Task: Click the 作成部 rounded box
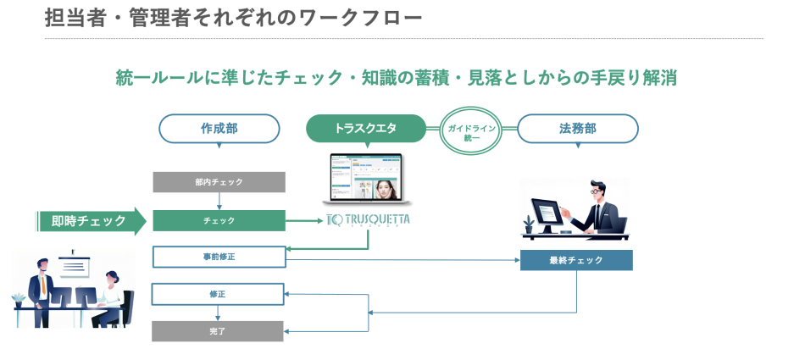[x=219, y=129]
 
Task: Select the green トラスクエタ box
[x=365, y=129]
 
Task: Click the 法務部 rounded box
[x=577, y=129]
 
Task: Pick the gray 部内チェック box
[x=219, y=182]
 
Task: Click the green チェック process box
[x=219, y=220]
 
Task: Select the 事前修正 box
[x=219, y=257]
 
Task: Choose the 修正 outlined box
[x=217, y=294]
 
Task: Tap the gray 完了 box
[x=217, y=330]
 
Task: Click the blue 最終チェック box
[x=576, y=260]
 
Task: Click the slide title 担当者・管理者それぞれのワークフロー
[x=233, y=17]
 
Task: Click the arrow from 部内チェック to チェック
[x=219, y=201]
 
